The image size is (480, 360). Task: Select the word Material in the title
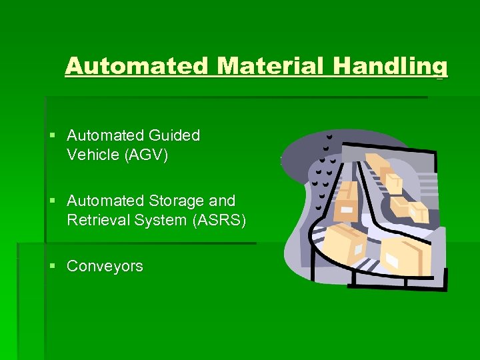click(268, 67)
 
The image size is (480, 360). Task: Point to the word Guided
click(175, 135)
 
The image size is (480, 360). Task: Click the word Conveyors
click(105, 266)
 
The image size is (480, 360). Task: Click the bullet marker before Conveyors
click(53, 266)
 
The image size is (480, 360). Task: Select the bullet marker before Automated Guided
click(53, 135)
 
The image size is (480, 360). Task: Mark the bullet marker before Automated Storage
click(53, 201)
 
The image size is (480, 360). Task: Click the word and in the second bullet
click(223, 201)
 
